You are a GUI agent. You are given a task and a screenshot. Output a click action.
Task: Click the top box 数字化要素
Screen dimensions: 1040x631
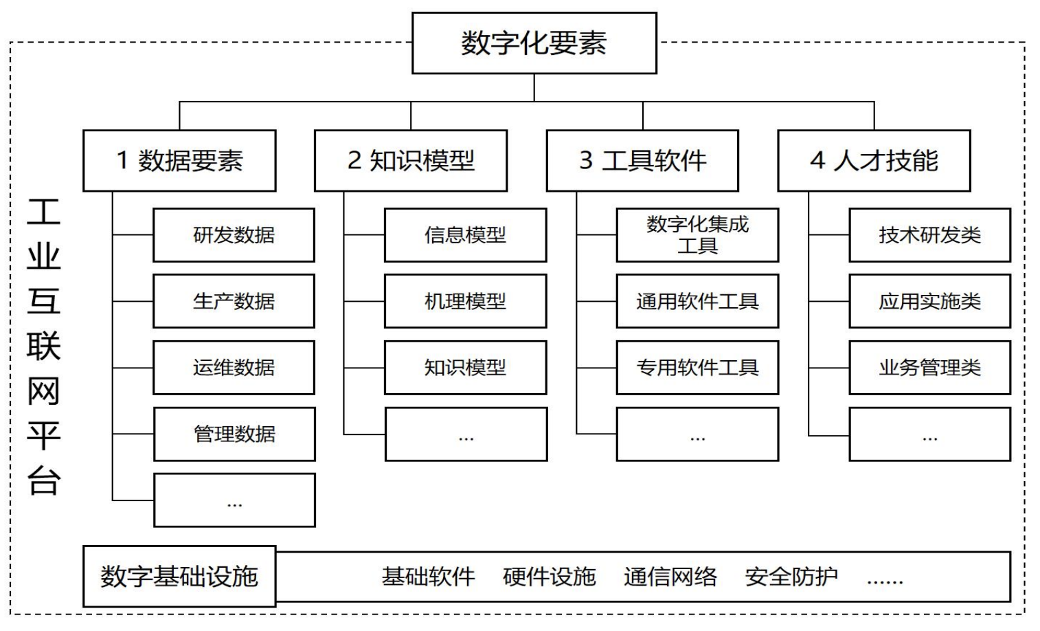point(534,43)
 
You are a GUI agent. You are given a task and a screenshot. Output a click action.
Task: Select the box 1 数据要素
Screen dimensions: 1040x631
point(179,160)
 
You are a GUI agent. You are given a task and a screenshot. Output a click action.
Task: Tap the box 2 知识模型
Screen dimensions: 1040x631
point(410,160)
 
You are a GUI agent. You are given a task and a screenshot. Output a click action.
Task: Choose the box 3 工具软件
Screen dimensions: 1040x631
point(642,160)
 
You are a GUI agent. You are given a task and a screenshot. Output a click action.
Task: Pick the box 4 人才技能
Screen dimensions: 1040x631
point(874,160)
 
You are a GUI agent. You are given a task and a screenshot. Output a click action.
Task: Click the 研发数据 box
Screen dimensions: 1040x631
point(234,235)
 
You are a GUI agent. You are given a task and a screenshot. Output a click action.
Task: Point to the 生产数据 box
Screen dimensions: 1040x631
point(234,301)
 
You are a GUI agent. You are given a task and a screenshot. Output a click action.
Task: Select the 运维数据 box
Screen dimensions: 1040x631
point(234,368)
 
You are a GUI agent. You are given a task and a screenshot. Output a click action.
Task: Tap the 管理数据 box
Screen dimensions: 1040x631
point(234,434)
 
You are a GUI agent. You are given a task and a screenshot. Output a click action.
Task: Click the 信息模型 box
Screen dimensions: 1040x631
point(465,235)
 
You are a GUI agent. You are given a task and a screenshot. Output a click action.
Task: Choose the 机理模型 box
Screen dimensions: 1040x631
point(465,301)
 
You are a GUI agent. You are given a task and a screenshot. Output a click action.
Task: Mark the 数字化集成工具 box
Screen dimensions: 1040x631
point(697,235)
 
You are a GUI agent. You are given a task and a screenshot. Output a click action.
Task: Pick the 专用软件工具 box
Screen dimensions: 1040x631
point(697,368)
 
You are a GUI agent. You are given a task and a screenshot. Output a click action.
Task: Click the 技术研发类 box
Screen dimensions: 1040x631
point(929,235)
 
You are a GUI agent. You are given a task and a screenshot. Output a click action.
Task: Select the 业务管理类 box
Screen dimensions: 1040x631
point(929,368)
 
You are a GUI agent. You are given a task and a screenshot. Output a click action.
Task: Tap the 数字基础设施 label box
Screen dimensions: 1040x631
point(179,576)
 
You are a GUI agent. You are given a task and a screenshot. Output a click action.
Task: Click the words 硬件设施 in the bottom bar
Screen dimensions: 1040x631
point(550,577)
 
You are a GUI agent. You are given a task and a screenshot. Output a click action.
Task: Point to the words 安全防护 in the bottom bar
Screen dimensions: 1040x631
point(791,577)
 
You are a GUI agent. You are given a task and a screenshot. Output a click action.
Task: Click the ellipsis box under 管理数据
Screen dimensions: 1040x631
point(234,500)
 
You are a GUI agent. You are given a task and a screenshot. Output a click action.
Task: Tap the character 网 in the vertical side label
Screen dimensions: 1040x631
point(44,392)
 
